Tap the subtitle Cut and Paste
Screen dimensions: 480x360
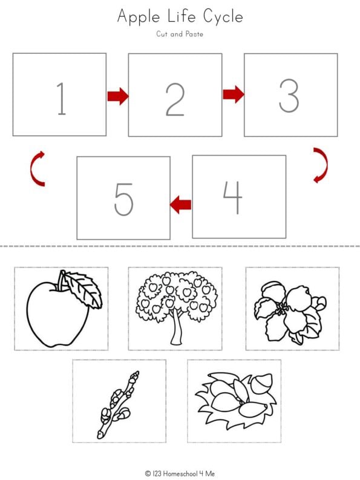pyautogui.click(x=180, y=35)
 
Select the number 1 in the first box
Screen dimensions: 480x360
pyautogui.click(x=61, y=98)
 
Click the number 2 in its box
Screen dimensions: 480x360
pyautogui.click(x=174, y=98)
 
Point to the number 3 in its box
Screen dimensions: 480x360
pyautogui.click(x=289, y=96)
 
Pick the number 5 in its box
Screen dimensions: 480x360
pyautogui.click(x=123, y=199)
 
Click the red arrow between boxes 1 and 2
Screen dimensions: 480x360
pyautogui.click(x=118, y=96)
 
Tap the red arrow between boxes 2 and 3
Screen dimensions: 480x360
pyautogui.click(x=233, y=94)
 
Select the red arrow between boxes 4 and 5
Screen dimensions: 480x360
pyautogui.click(x=181, y=205)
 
